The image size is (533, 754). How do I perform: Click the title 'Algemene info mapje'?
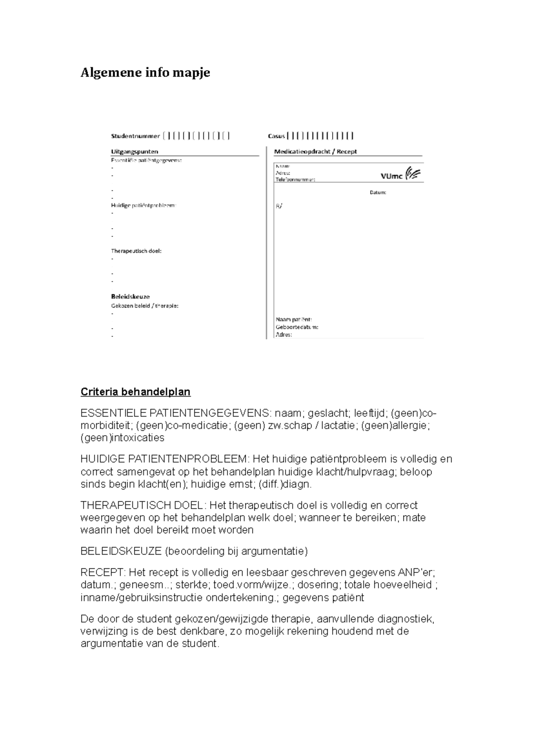click(x=145, y=72)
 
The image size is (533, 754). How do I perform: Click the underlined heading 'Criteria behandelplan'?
click(x=135, y=392)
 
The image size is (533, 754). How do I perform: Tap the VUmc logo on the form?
click(x=400, y=175)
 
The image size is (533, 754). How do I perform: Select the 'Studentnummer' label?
click(x=135, y=136)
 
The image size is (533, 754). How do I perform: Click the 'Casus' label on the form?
click(x=276, y=136)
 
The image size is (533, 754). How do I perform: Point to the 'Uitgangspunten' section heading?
click(x=135, y=151)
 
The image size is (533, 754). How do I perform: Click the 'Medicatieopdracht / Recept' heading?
click(x=315, y=151)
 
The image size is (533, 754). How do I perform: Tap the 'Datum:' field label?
click(x=378, y=193)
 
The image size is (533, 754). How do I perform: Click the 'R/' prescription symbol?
click(x=278, y=206)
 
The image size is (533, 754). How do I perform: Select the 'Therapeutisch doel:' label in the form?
click(x=136, y=251)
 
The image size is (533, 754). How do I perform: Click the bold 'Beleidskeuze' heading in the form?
click(x=130, y=296)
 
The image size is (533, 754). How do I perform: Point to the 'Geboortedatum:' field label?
click(x=297, y=327)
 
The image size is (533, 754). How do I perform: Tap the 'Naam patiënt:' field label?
click(x=294, y=319)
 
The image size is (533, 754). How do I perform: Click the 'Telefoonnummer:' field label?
click(x=295, y=180)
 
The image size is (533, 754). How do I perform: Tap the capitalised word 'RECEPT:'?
click(x=99, y=573)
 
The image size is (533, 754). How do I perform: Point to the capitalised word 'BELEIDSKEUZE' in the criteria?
click(x=121, y=552)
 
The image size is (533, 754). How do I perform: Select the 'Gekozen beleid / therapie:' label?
click(x=144, y=306)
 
